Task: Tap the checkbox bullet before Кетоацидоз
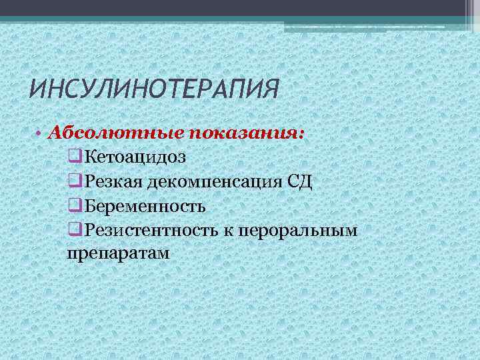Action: click(74, 157)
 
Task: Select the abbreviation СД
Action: click(299, 182)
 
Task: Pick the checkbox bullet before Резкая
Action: click(74, 182)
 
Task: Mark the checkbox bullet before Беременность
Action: click(74, 206)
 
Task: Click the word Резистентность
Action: click(148, 231)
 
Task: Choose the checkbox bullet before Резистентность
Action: click(74, 231)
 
